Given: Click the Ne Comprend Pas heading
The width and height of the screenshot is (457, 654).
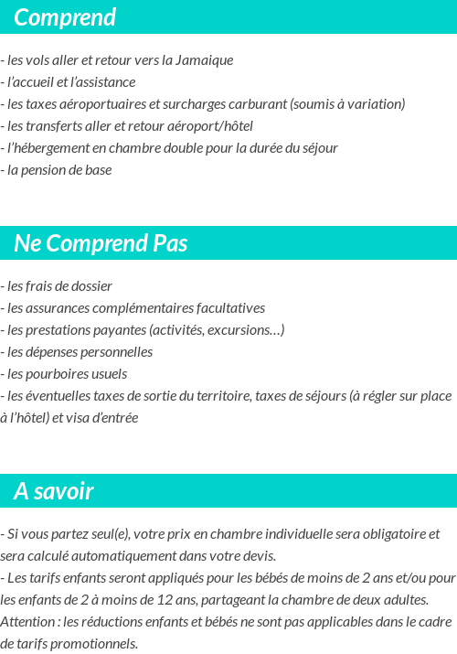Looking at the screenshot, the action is point(101,243).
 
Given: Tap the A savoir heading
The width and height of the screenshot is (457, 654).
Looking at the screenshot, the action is point(54,491).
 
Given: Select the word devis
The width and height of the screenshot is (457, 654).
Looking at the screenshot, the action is point(258,556).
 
